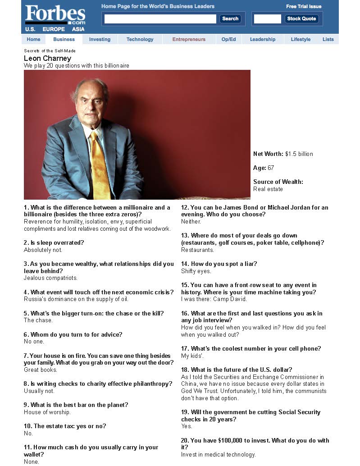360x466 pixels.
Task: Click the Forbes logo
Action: (x=55, y=14)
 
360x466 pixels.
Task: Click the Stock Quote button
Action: (x=301, y=19)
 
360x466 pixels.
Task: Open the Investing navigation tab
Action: (x=100, y=39)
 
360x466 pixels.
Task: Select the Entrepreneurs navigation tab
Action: (x=189, y=39)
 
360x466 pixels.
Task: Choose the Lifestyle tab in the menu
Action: (x=301, y=39)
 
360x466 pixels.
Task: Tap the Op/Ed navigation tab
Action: (x=228, y=39)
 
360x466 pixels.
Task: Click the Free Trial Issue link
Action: (x=304, y=6)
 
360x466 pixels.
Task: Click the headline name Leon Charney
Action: (x=47, y=58)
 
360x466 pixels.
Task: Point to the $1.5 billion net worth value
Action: (x=299, y=154)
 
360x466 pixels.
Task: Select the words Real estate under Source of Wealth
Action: (x=268, y=189)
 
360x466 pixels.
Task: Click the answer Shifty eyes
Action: (x=196, y=271)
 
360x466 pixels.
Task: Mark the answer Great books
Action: (x=41, y=370)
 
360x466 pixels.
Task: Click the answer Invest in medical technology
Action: (x=218, y=454)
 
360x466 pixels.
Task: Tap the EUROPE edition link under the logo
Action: (x=54, y=29)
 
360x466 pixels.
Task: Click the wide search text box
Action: (x=160, y=19)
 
